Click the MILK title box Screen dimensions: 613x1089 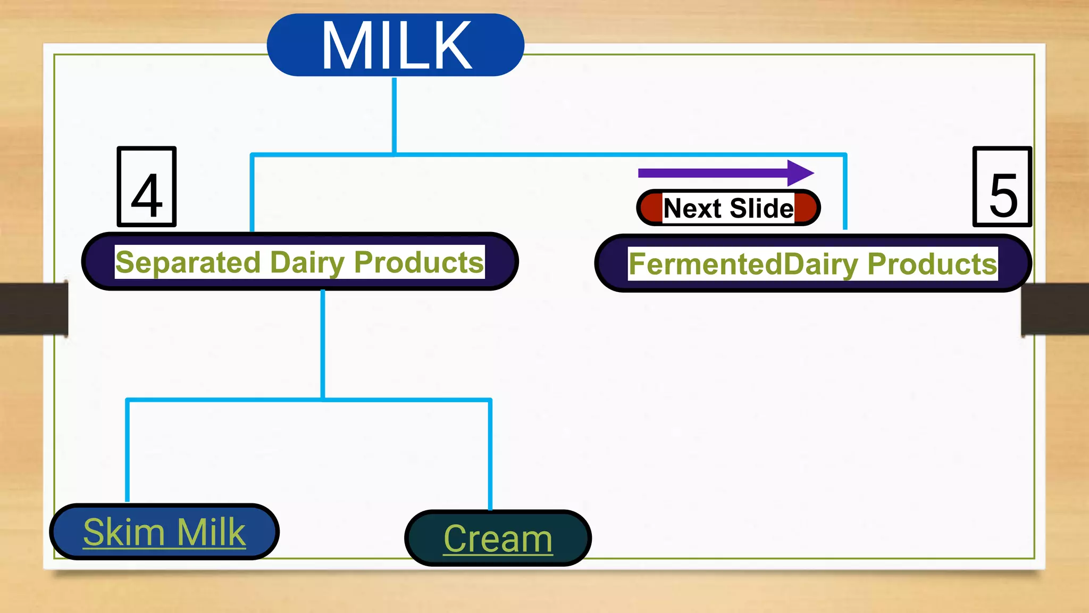395,45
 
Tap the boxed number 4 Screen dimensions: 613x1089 147,187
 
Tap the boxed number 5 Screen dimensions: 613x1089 1002,187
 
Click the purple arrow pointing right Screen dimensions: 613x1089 725,173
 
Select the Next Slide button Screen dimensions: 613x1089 728,208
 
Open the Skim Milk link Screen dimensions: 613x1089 164,532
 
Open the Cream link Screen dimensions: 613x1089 498,539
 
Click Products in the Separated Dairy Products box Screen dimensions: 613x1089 418,262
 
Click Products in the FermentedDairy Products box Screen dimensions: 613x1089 932,264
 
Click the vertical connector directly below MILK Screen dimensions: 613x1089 394,114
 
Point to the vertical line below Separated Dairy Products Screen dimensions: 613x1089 323,343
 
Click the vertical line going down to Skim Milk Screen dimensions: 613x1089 128,450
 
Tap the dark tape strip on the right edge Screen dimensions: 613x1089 1055,309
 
